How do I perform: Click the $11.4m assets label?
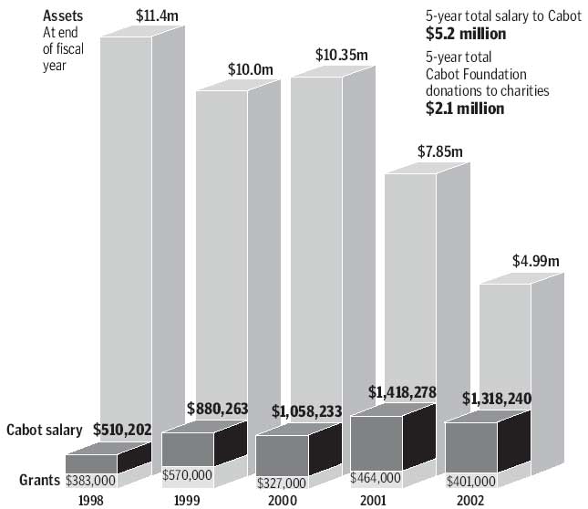pos(159,15)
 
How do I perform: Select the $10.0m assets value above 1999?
pos(250,70)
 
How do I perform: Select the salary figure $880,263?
pos(218,410)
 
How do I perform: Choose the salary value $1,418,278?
pos(402,393)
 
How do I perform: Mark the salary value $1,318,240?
pos(497,399)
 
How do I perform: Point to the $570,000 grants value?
pos(188,475)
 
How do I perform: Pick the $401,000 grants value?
pos(470,481)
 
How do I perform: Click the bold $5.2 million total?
pos(466,35)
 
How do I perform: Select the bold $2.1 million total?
pos(466,108)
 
